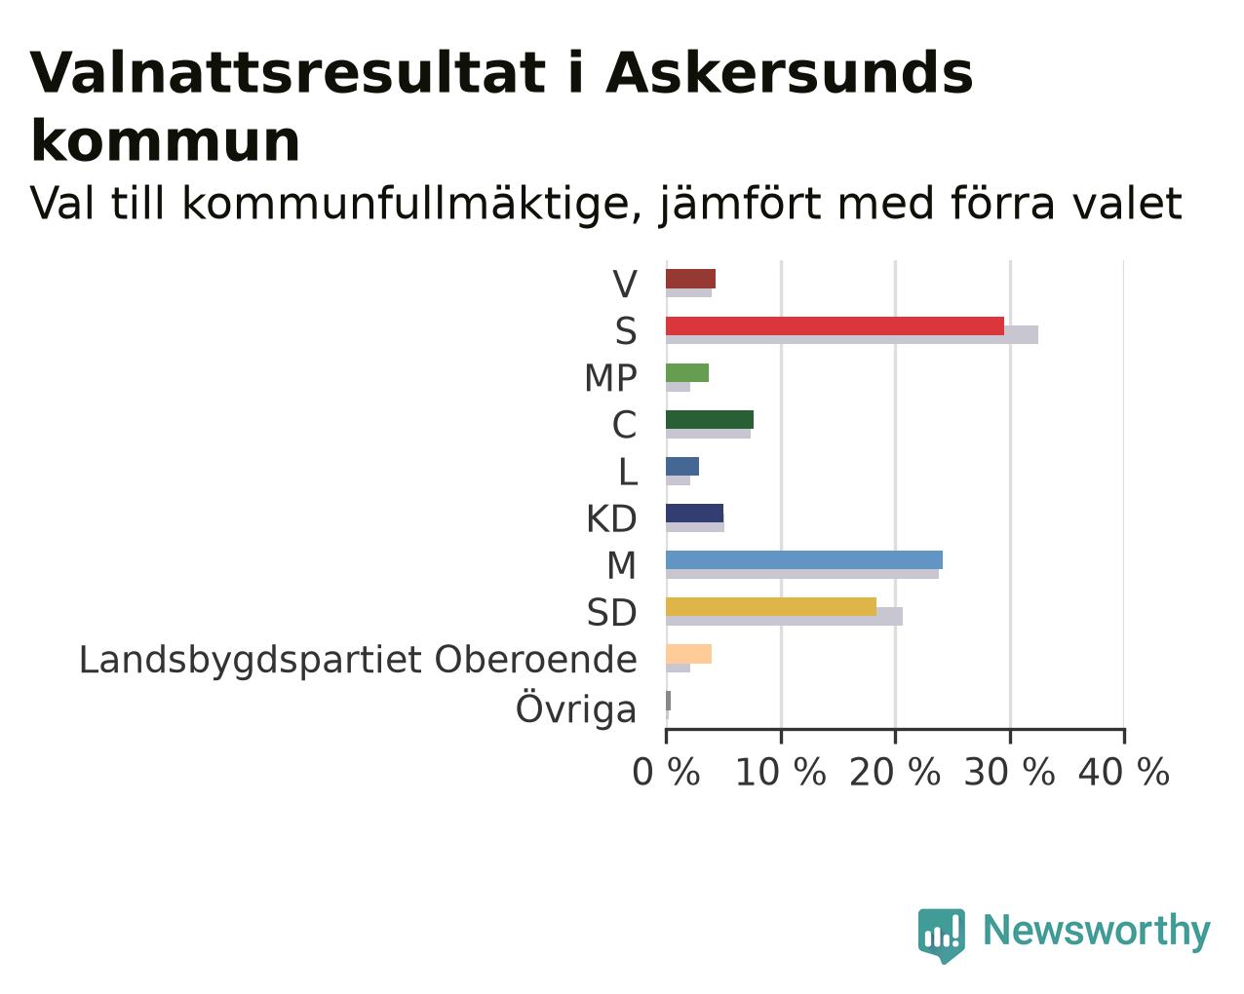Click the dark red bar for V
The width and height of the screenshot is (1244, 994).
point(691,279)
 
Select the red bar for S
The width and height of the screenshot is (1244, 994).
point(836,325)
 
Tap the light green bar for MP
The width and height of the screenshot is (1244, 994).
point(687,372)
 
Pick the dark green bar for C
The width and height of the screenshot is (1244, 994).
point(710,420)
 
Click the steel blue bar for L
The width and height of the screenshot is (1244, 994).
point(682,467)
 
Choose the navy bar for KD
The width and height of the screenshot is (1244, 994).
point(695,514)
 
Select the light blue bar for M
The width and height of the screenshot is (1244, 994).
point(804,560)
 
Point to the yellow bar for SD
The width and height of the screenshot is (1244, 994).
point(771,607)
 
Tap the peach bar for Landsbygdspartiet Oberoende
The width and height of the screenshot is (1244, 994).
point(689,654)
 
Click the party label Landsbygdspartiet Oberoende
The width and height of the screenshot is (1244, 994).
point(359,660)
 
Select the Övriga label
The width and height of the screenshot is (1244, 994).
point(576,707)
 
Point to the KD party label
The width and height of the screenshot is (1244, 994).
point(611,519)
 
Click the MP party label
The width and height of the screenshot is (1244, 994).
point(611,378)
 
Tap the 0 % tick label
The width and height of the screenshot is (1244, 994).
point(667,772)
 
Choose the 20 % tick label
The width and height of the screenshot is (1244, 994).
point(895,772)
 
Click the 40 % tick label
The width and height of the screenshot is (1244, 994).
point(1124,772)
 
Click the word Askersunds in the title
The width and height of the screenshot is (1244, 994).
point(790,73)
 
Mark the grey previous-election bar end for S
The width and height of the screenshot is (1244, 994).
point(1037,334)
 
